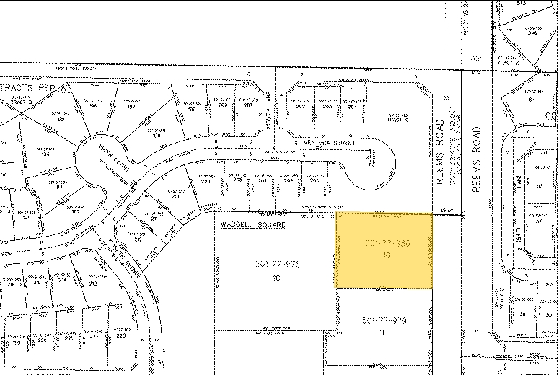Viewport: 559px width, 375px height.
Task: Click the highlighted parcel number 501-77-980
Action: pyautogui.click(x=385, y=244)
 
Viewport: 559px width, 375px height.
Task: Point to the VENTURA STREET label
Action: pyautogui.click(x=330, y=143)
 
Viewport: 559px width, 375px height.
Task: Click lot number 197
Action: pyautogui.click(x=131, y=106)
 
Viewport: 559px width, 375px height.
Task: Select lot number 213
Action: pyautogui.click(x=93, y=283)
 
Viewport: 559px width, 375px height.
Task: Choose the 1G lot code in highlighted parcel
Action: pyautogui.click(x=387, y=255)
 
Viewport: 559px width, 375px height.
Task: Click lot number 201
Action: pyautogui.click(x=247, y=105)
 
